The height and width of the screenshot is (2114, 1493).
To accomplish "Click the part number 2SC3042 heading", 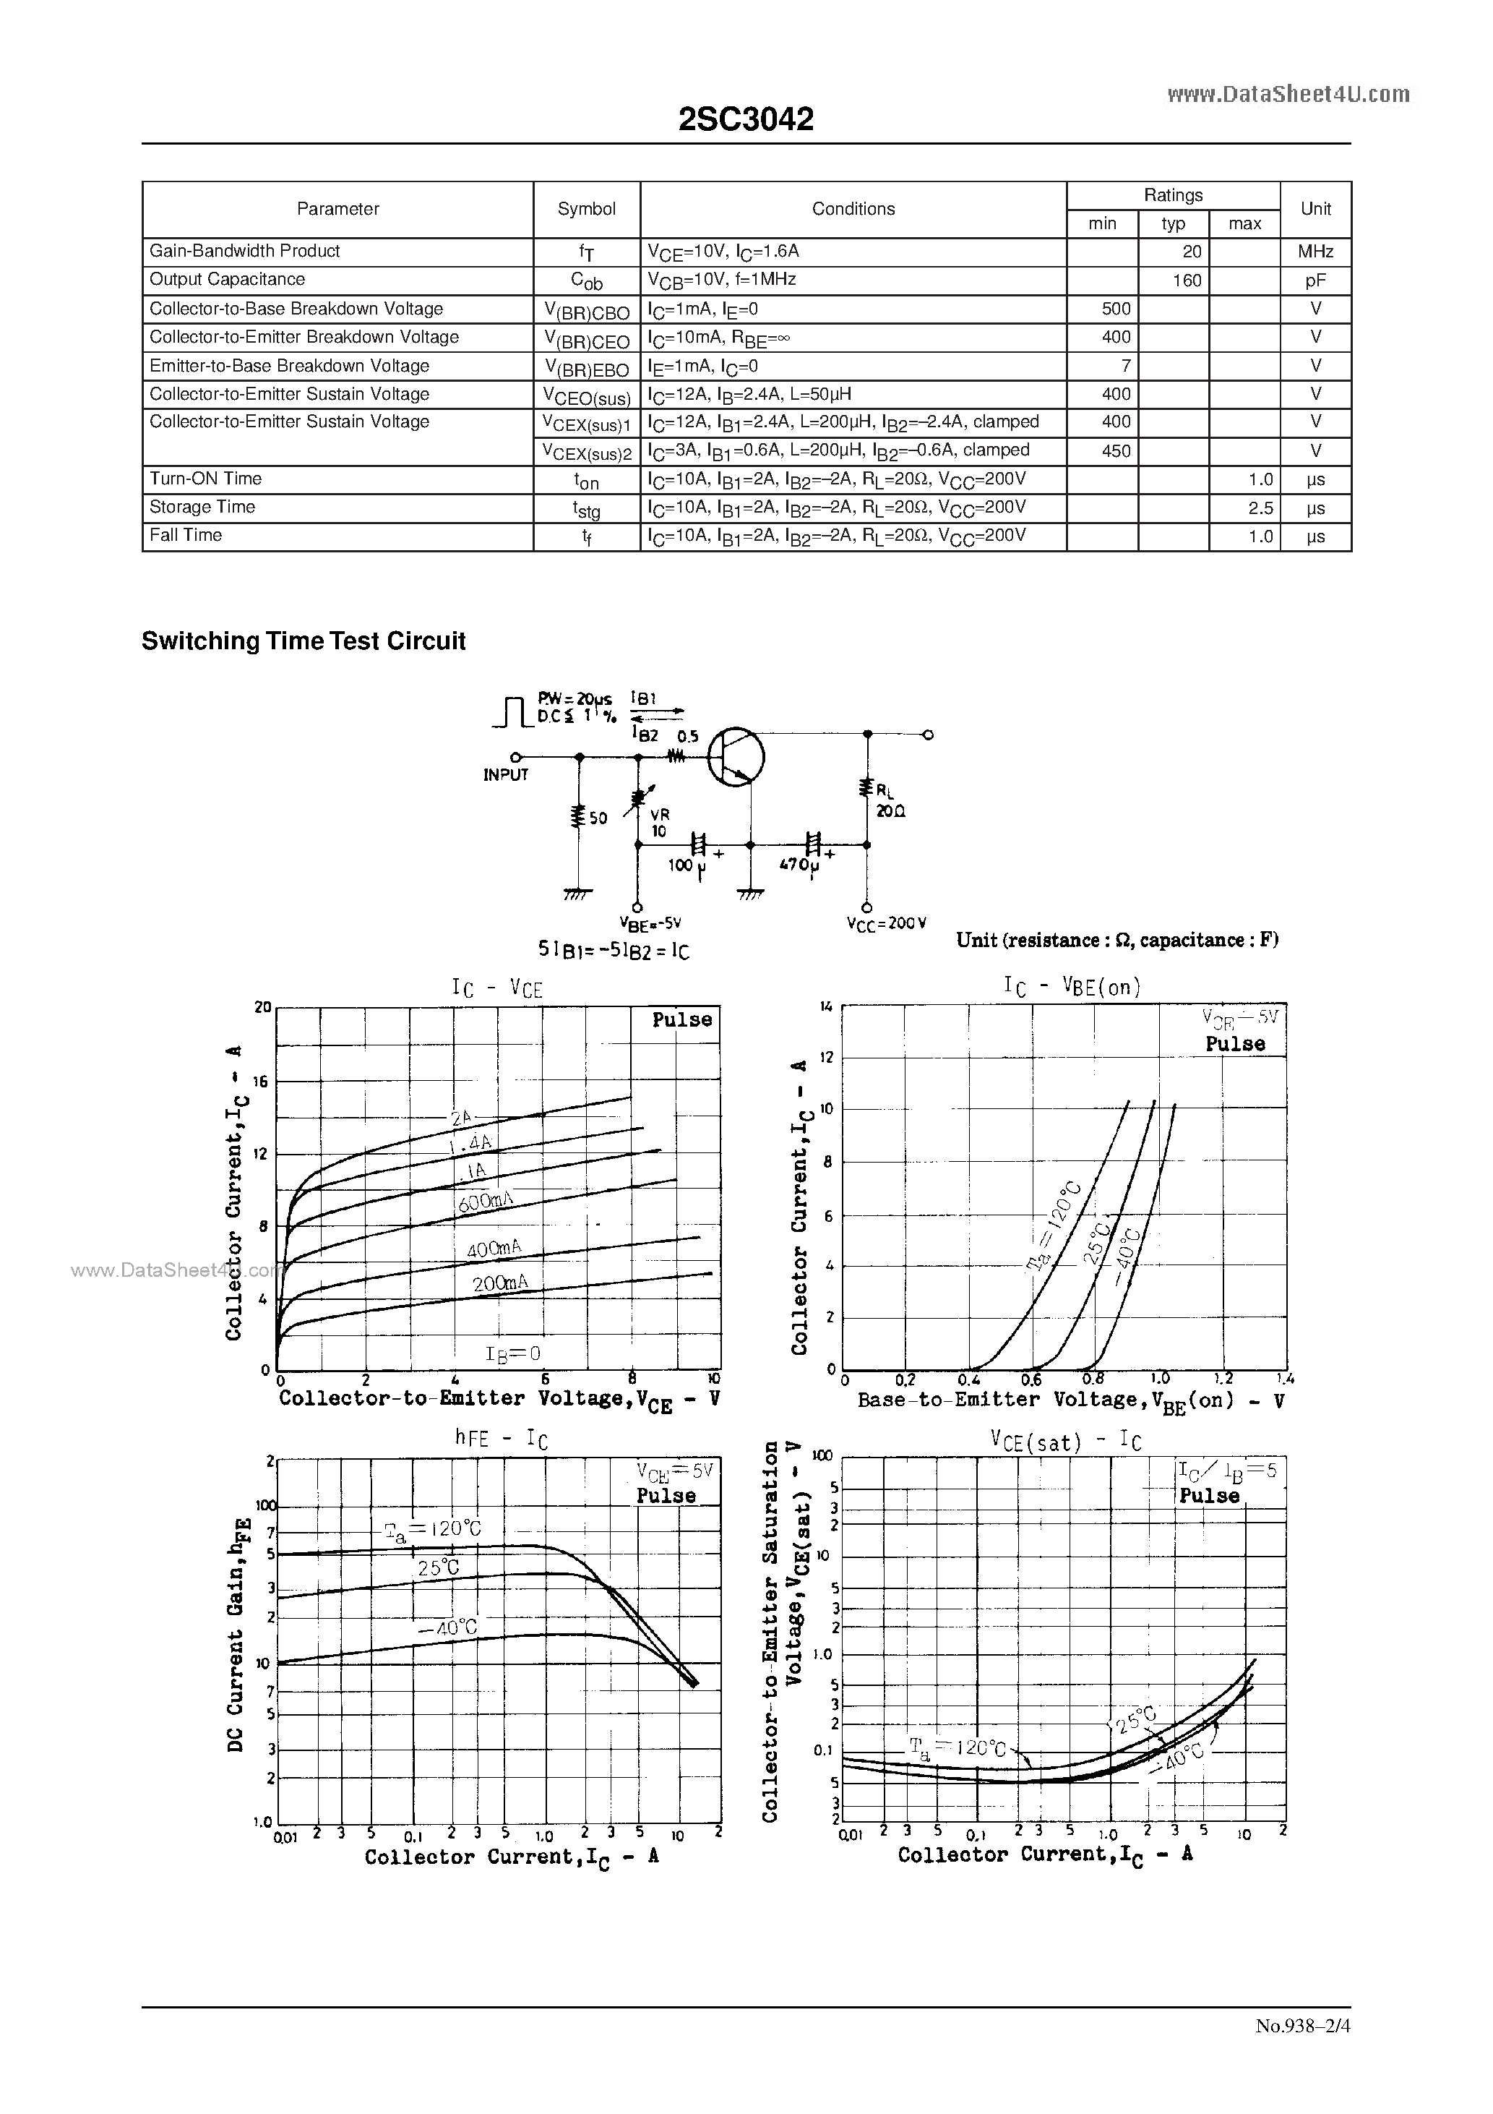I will pyautogui.click(x=746, y=119).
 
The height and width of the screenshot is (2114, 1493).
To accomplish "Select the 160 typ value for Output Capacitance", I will pyautogui.click(x=1187, y=281).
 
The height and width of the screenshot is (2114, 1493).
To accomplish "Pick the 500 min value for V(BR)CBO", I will pyautogui.click(x=1116, y=309).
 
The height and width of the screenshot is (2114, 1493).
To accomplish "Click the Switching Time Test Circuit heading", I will pyautogui.click(x=304, y=641).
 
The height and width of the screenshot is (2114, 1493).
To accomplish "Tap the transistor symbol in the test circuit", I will pyautogui.click(x=736, y=757).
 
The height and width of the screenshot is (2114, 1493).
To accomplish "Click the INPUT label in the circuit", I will pyautogui.click(x=505, y=775).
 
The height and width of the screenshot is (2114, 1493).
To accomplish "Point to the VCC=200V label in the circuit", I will pyautogui.click(x=887, y=923).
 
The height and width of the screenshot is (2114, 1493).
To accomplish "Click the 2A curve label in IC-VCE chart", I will pyautogui.click(x=461, y=1118).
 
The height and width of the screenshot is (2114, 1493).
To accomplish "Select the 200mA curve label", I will pyautogui.click(x=500, y=1283).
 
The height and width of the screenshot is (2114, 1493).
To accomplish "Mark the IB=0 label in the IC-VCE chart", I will pyautogui.click(x=512, y=1353).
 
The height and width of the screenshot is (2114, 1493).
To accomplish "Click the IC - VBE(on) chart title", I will pyautogui.click(x=1072, y=987).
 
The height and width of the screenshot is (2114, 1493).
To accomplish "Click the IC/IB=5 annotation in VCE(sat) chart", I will pyautogui.click(x=1228, y=1471).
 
